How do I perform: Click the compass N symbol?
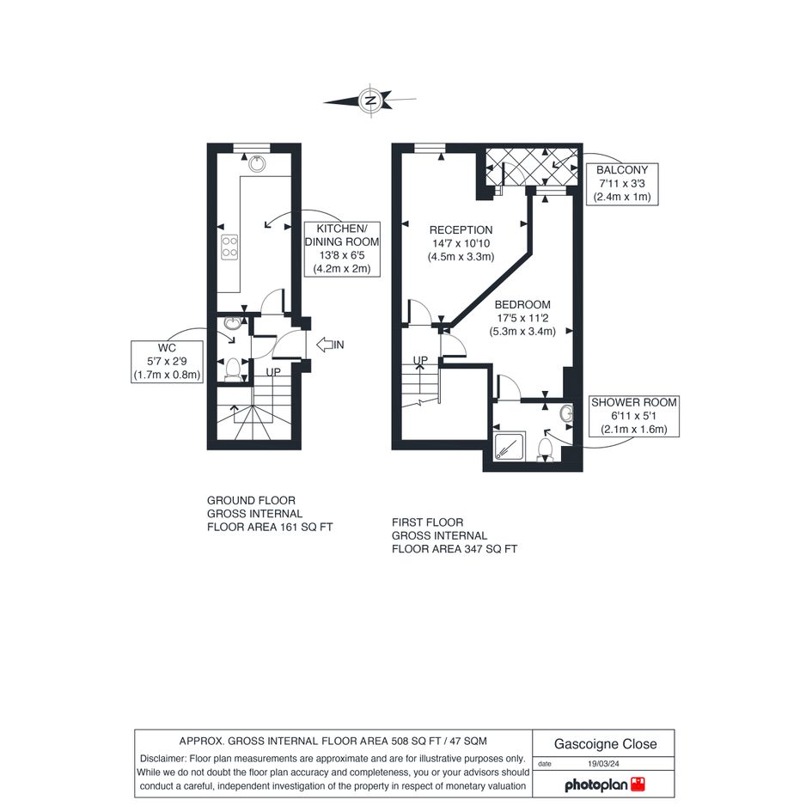tap(370, 100)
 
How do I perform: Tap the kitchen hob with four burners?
tap(229, 247)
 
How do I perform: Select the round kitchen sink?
tap(257, 163)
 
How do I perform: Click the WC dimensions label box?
tap(167, 362)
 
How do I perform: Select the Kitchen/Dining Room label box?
tap(342, 248)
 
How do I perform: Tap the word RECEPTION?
tap(461, 230)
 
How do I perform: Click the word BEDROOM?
tap(522, 304)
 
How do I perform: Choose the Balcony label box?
tap(622, 183)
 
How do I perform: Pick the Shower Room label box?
tap(634, 416)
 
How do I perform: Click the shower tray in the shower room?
tap(510, 446)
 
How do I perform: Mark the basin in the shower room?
tap(566, 413)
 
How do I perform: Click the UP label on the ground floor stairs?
tap(273, 372)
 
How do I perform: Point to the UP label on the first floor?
tap(420, 360)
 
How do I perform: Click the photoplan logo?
tap(605, 785)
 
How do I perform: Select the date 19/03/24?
tap(603, 763)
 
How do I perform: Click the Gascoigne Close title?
tap(606, 744)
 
